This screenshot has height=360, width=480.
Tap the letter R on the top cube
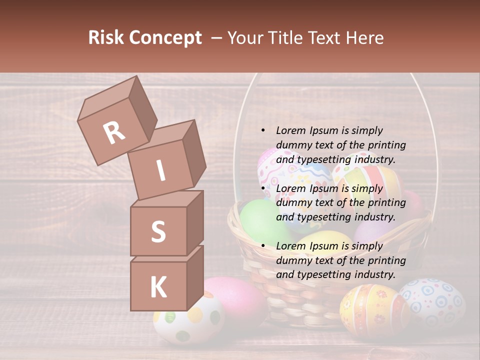pyautogui.click(x=114, y=132)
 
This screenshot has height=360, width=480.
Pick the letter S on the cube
pyautogui.click(x=158, y=231)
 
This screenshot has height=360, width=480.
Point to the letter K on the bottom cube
pyautogui.click(x=158, y=287)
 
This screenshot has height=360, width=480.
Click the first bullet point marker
pyautogui.click(x=263, y=130)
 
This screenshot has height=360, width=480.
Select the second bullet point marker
pyautogui.click(x=263, y=188)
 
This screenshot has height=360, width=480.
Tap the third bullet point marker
pyautogui.click(x=263, y=246)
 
